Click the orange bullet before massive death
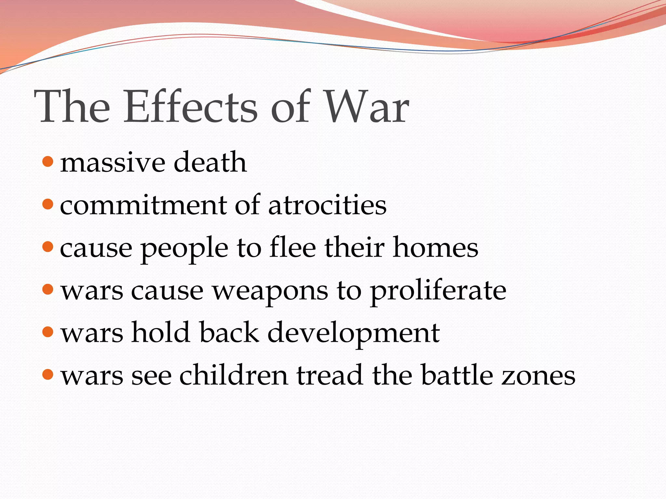[48, 161]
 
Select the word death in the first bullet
[210, 162]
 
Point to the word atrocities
[327, 205]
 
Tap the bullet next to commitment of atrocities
[48, 204]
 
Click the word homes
[435, 248]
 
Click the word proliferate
[438, 291]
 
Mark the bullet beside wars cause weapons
[48, 289]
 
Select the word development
[353, 334]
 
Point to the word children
[233, 375]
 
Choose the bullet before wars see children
[48, 375]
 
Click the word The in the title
[72, 107]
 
